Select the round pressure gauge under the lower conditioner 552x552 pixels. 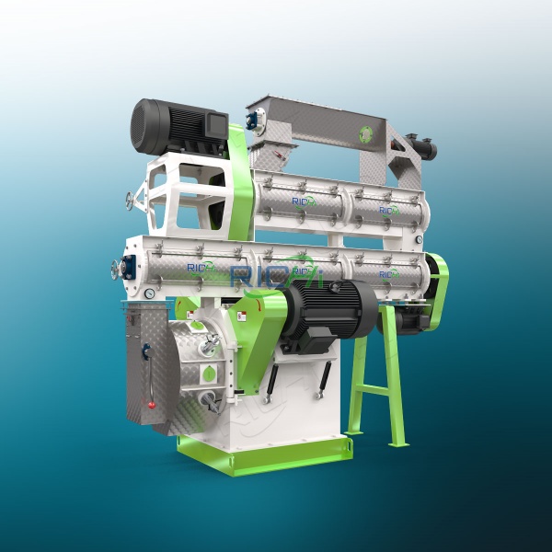pos(149,293)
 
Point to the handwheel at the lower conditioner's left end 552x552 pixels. pos(117,270)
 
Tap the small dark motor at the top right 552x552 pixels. pos(424,147)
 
